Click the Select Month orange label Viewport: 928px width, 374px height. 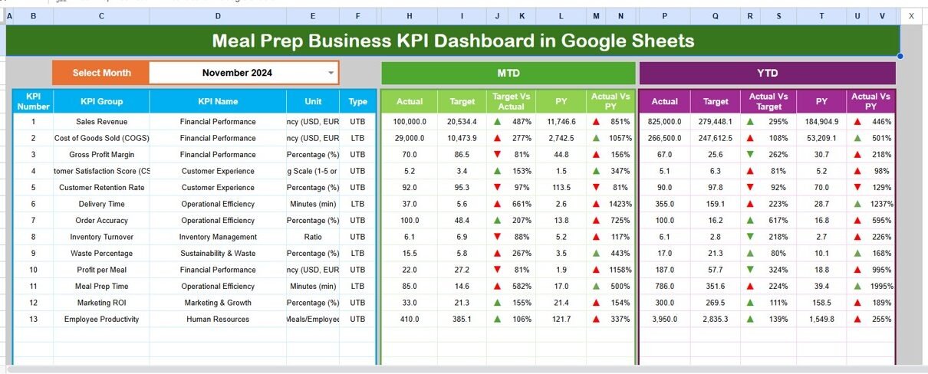click(x=101, y=73)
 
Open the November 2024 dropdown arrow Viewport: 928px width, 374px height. click(x=331, y=73)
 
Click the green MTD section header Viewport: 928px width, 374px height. click(x=508, y=73)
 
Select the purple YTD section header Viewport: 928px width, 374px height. click(x=767, y=73)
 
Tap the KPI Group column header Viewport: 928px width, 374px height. click(x=101, y=101)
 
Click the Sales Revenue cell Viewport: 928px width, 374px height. click(x=101, y=122)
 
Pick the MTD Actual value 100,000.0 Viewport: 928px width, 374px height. click(x=410, y=122)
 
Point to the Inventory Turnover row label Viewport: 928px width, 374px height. click(x=101, y=237)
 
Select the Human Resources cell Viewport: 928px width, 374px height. click(x=218, y=319)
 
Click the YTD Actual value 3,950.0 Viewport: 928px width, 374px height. click(x=664, y=319)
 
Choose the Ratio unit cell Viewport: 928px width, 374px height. click(x=312, y=237)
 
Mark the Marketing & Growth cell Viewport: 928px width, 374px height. click(x=218, y=303)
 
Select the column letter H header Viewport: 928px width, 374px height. click(x=409, y=15)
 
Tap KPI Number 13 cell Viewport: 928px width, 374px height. click(x=33, y=319)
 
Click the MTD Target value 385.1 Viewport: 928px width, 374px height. click(x=462, y=319)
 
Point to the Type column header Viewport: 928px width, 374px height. click(x=357, y=101)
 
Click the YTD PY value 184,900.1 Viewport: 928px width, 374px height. click(x=821, y=122)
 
